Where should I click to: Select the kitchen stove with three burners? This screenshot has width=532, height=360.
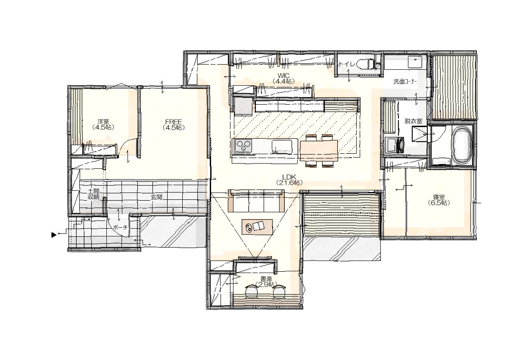[x=243, y=146]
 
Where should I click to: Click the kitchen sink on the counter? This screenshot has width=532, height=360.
[x=282, y=146]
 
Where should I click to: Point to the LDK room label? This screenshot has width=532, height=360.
[x=289, y=180]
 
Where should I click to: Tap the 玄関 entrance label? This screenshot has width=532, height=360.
[x=156, y=197]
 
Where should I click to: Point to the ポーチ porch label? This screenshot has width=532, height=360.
[x=120, y=227]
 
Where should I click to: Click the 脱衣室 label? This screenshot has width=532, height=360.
[x=414, y=121]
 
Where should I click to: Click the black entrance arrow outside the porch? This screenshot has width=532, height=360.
[x=54, y=235]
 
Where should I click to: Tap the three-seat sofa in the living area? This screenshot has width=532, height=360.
[x=256, y=201]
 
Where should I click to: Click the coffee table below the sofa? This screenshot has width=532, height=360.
[x=257, y=227]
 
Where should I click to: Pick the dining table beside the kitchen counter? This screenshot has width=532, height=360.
[x=319, y=151]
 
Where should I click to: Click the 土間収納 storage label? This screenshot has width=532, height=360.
[x=93, y=194]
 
